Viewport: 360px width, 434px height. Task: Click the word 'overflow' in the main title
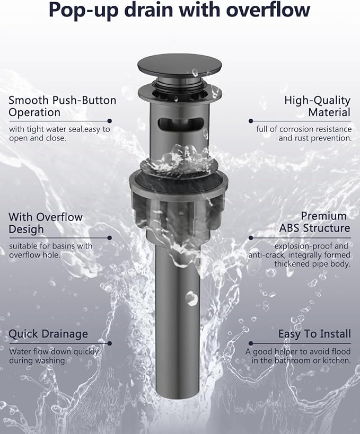[x=268, y=10]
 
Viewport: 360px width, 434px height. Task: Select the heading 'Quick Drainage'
[x=48, y=334]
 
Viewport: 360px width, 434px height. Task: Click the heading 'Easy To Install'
[x=314, y=334]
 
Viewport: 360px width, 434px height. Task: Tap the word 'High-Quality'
[x=318, y=101]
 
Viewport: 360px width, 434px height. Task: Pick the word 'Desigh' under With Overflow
[x=27, y=229]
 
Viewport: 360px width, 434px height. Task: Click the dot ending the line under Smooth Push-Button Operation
[x=110, y=121]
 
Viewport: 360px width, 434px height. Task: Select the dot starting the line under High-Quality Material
[x=251, y=121]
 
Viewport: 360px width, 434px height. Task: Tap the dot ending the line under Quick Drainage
[x=110, y=343]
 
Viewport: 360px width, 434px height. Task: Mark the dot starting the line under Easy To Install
[x=251, y=343]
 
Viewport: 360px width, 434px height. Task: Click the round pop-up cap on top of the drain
[x=180, y=66]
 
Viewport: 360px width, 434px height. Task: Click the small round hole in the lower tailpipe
[x=191, y=298]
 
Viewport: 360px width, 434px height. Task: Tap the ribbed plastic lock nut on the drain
[x=179, y=210]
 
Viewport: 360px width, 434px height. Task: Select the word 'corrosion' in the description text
[x=295, y=129]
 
